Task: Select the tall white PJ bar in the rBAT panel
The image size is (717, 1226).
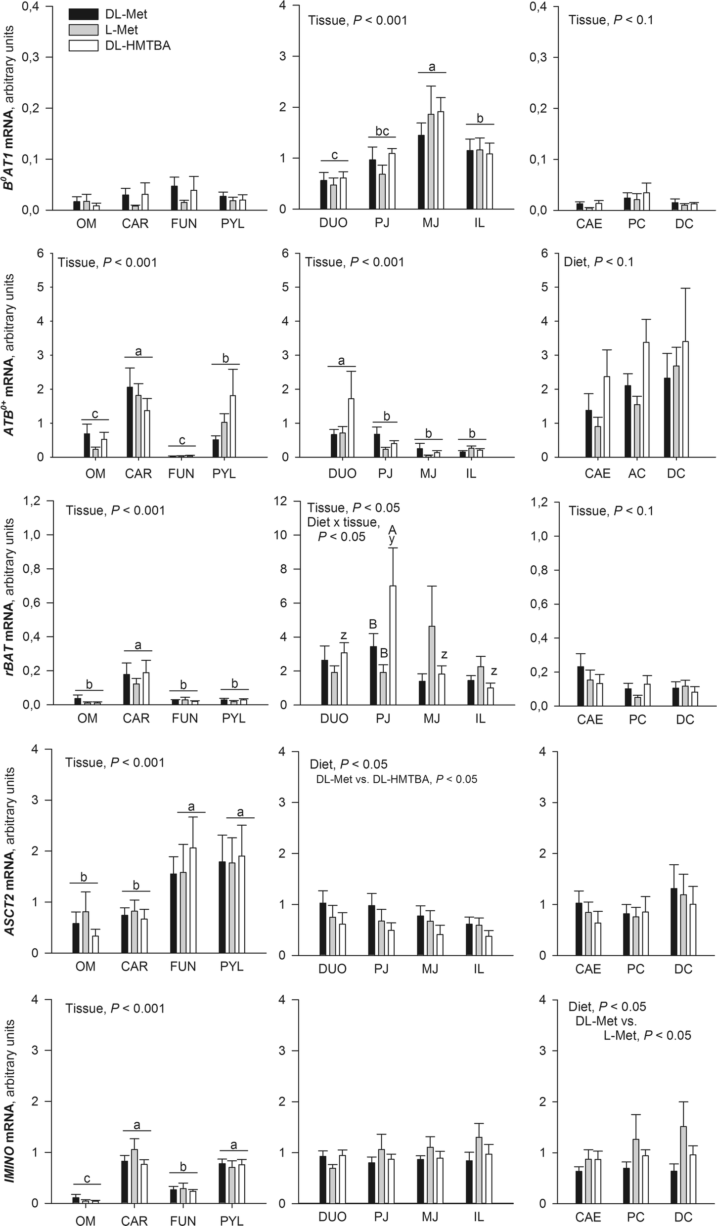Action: pos(393,645)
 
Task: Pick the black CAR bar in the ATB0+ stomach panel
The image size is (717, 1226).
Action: pos(130,422)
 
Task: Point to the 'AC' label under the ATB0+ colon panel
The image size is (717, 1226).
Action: pos(637,473)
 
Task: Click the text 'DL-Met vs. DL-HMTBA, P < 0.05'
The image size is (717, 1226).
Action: pos(397,780)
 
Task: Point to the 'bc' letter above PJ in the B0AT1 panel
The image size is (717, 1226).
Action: pos(382,131)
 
